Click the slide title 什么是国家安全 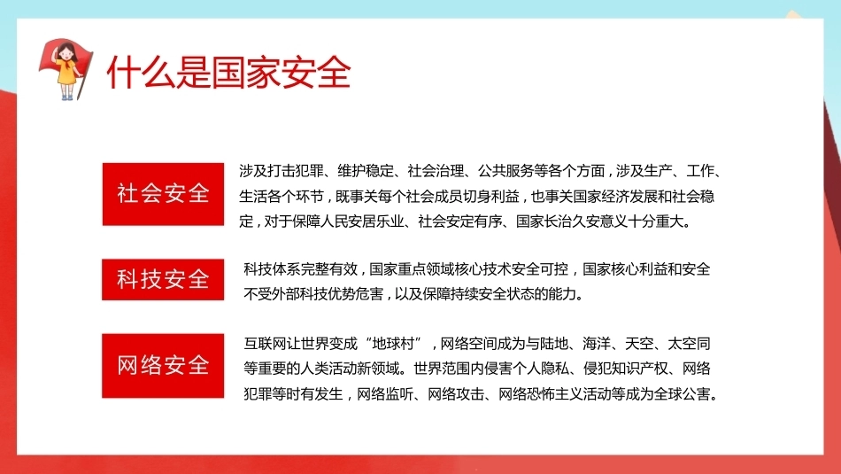228,73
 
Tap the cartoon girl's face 66,54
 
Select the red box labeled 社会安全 163,194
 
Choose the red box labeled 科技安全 163,279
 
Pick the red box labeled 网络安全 163,366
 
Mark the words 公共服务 505,171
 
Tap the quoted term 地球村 393,344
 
